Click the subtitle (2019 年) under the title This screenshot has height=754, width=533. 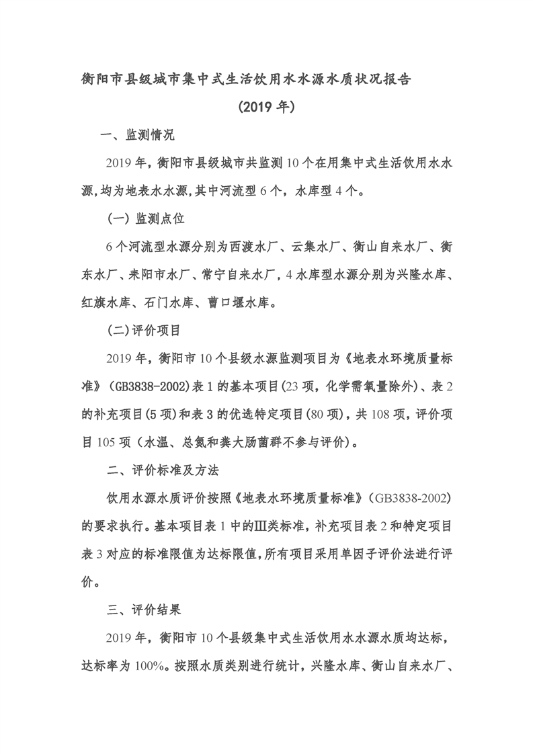click(267, 106)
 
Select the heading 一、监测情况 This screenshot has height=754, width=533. click(136, 135)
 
